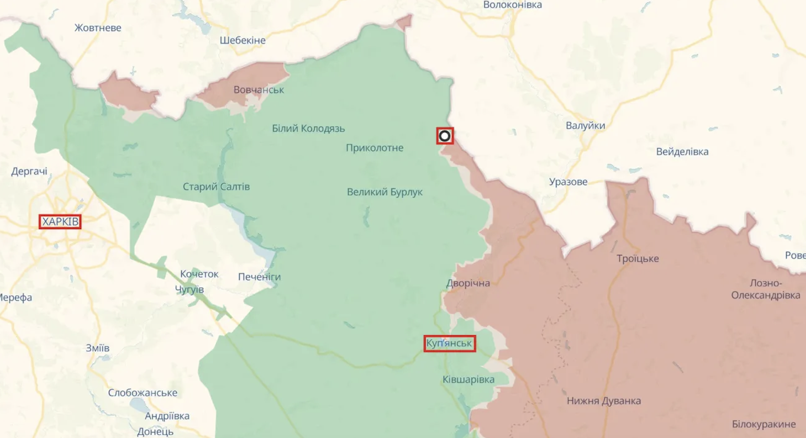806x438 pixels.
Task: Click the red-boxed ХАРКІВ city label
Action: (60, 222)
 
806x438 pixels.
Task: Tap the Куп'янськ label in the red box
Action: (449, 343)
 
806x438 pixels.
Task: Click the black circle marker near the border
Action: (444, 136)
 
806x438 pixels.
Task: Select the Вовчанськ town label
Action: (259, 89)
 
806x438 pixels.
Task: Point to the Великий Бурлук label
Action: (384, 192)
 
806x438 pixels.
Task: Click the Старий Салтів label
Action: (216, 187)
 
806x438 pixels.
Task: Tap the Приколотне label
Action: (374, 148)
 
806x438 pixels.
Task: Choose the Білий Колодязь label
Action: (308, 128)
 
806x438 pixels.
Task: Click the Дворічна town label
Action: (468, 283)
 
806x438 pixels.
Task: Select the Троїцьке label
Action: (638, 259)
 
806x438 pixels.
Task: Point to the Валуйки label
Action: (585, 126)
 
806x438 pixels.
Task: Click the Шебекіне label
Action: (242, 40)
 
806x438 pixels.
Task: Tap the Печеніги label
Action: (259, 277)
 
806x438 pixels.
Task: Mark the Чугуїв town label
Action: (189, 290)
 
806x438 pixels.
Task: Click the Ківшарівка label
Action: (468, 379)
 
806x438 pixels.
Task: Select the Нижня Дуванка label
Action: (604, 401)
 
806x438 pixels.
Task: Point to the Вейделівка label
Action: (682, 152)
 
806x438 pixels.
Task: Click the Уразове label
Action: (568, 182)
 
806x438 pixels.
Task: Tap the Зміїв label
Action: (97, 348)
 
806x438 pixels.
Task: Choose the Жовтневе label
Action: (98, 28)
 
